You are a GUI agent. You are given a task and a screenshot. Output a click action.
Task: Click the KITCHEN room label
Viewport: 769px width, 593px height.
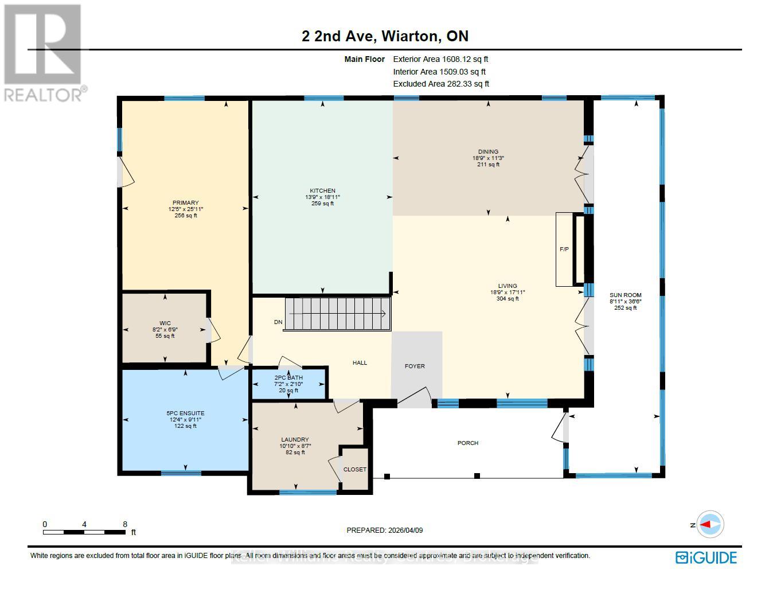322,191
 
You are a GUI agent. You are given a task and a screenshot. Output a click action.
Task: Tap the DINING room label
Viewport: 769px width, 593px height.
488,152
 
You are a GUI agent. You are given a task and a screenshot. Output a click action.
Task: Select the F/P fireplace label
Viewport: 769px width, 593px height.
564,249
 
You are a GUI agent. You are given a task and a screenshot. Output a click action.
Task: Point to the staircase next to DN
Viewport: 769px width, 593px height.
338,314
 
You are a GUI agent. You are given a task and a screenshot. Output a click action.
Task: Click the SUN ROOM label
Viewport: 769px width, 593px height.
625,295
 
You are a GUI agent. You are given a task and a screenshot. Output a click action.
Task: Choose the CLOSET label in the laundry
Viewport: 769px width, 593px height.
354,469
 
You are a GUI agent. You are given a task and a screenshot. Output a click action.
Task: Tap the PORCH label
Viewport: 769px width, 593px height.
468,443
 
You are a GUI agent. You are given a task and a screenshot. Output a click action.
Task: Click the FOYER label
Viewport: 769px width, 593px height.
415,366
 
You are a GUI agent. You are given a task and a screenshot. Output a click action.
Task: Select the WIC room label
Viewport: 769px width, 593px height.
165,323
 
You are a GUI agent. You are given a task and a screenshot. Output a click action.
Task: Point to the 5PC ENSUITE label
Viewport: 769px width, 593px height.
185,413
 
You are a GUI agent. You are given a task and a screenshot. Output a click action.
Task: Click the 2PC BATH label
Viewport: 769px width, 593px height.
288,377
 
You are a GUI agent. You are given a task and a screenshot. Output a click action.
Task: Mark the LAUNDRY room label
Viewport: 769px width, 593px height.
295,440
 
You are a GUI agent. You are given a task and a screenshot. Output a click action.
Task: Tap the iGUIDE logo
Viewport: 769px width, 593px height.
706,557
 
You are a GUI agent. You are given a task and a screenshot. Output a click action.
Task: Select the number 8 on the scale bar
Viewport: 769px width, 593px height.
125,524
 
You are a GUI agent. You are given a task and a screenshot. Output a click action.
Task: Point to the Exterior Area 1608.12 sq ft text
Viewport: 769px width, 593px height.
440,59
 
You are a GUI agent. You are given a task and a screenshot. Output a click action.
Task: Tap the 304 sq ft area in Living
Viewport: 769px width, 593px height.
508,299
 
